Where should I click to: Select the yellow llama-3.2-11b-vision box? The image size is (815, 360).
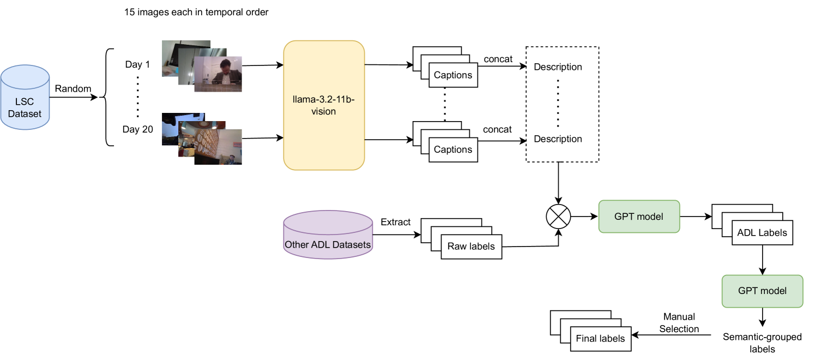[324, 105]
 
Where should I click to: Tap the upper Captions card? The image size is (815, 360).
[452, 75]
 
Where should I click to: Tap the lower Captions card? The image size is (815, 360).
[452, 149]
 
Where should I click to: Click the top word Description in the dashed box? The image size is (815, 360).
[558, 67]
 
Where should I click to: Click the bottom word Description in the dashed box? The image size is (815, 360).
[558, 139]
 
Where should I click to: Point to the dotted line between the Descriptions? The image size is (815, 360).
[558, 103]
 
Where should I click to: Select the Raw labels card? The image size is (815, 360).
[471, 247]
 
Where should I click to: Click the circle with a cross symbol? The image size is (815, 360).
[558, 217]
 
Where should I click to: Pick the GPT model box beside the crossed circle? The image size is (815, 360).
[639, 217]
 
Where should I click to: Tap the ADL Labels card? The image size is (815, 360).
[762, 232]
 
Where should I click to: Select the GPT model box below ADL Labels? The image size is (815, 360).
[762, 291]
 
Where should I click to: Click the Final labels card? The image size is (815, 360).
[600, 339]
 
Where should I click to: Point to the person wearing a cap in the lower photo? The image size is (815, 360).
[232, 158]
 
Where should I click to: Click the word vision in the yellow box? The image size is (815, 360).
[324, 111]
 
